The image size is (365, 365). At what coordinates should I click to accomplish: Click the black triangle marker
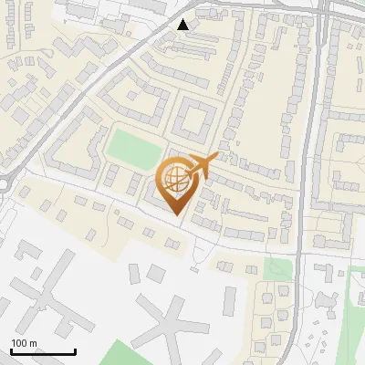[x=183, y=25]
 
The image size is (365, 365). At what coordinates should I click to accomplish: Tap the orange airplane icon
[x=199, y=167]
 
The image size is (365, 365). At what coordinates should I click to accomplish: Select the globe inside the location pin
[x=176, y=178]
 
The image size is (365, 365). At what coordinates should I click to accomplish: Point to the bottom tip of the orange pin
[x=176, y=215]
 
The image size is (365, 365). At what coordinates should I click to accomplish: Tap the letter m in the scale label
[x=33, y=343]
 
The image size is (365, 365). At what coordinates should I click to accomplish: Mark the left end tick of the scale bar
[x=11, y=349]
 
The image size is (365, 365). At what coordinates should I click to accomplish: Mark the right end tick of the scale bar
[x=74, y=349]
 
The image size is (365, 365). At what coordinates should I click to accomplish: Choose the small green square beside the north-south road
[x=273, y=267]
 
